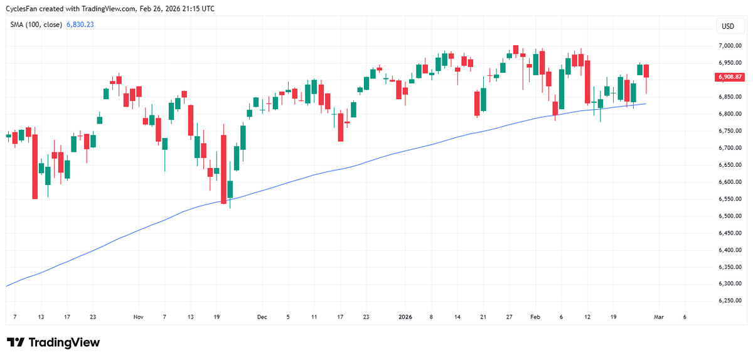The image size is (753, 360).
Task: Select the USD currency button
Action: tap(728, 26)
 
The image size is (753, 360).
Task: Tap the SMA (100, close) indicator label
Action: tap(35, 24)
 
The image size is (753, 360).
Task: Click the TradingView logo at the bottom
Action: tap(53, 342)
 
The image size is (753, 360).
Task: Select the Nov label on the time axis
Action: tap(139, 317)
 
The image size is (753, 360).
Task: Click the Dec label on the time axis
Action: tap(262, 317)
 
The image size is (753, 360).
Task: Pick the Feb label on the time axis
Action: tap(535, 317)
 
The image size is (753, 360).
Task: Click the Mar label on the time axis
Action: tap(658, 317)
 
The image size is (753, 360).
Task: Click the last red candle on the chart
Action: tap(646, 71)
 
